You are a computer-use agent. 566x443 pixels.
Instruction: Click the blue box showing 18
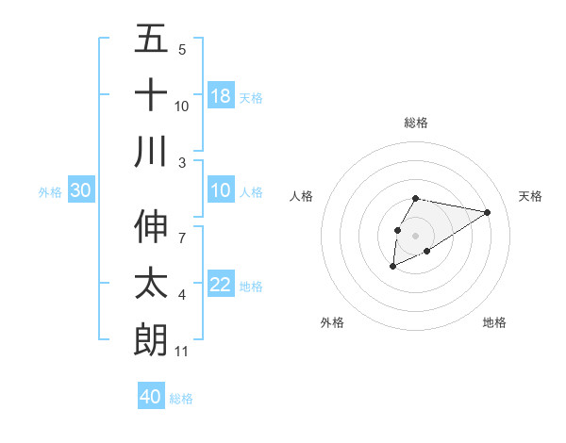pos(221,95)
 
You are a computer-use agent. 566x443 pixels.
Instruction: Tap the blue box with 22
pos(221,285)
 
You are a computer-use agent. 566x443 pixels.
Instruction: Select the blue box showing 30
pos(81,190)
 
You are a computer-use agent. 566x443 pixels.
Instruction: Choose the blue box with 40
pos(151,397)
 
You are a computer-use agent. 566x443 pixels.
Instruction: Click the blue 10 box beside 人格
pos(221,190)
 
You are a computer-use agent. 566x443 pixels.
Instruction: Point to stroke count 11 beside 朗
pos(182,352)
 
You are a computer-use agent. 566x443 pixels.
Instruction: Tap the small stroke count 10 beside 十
pos(182,106)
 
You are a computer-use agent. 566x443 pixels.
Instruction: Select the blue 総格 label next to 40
pos(181,399)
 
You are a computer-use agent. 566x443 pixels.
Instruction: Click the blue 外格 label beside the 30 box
pos(50,191)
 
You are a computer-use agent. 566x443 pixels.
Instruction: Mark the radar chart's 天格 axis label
pos(531,196)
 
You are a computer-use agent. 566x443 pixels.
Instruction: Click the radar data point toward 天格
pos(488,212)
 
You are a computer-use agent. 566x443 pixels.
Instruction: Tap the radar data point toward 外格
pos(392,268)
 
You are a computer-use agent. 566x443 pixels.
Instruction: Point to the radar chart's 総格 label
pos(416,123)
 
